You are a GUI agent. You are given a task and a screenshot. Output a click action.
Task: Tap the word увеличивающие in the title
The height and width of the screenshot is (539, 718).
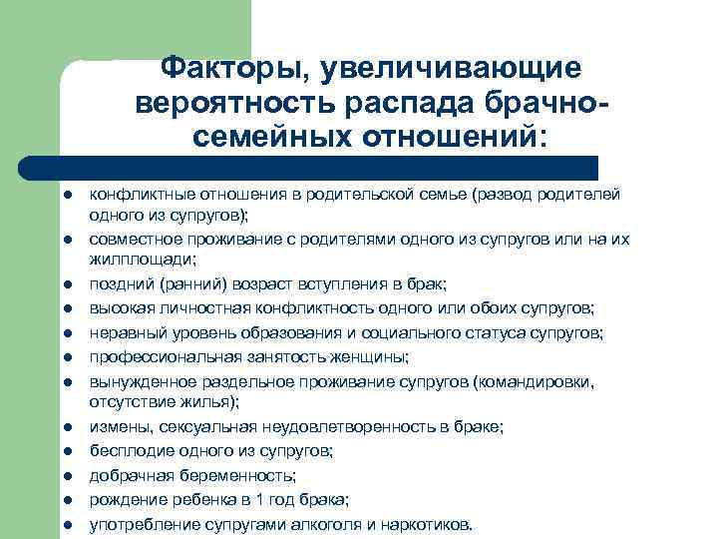[x=440, y=69]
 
